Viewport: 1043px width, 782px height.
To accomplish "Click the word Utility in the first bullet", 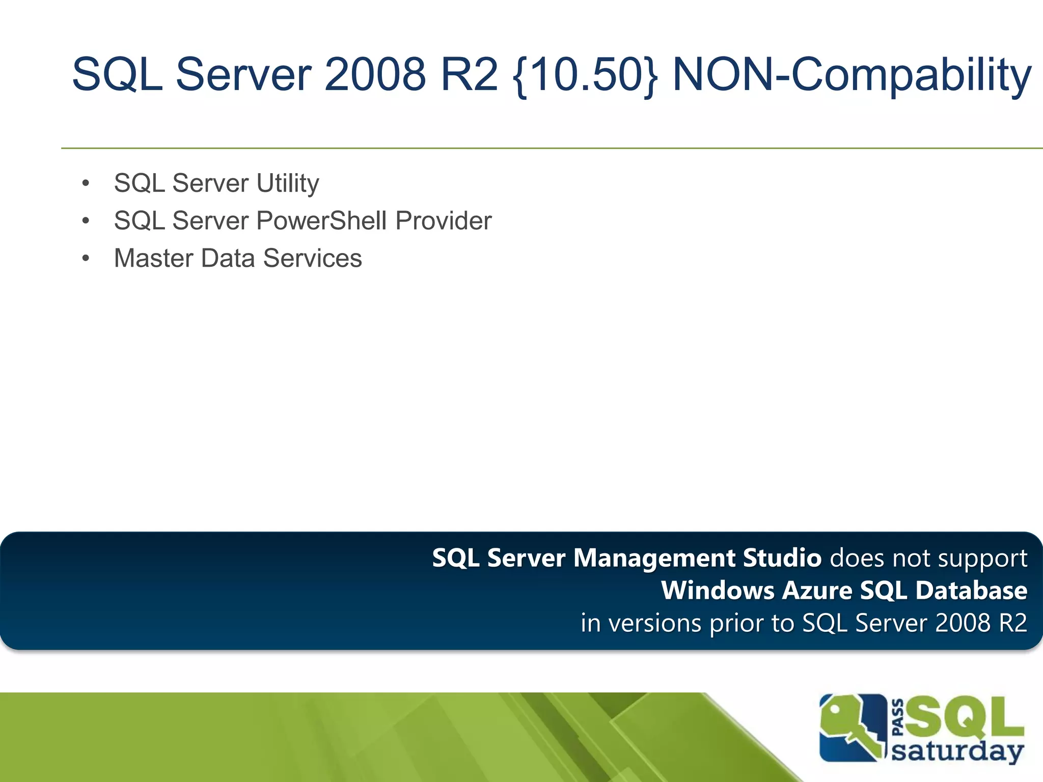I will (288, 184).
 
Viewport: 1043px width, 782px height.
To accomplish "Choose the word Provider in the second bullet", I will (444, 221).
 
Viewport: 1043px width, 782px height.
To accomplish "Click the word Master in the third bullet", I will (154, 258).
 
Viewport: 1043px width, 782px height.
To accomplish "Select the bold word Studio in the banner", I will (782, 558).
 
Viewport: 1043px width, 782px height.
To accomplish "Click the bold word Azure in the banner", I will (817, 591).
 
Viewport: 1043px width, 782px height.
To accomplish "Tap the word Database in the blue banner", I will (971, 591).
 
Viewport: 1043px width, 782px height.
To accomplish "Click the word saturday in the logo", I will (957, 751).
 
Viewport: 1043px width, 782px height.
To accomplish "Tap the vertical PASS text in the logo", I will (898, 717).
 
